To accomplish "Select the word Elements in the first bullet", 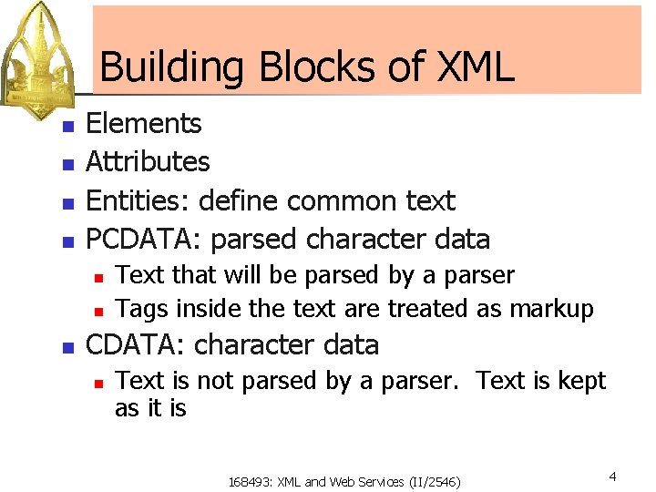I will tap(143, 123).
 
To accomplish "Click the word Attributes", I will tap(148, 162).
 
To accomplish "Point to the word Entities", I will tap(138, 200).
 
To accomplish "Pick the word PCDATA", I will tap(143, 240).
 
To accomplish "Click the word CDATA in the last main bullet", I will tap(136, 345).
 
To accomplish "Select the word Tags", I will tap(142, 310).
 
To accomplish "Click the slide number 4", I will tap(613, 476).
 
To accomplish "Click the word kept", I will tap(582, 380).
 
